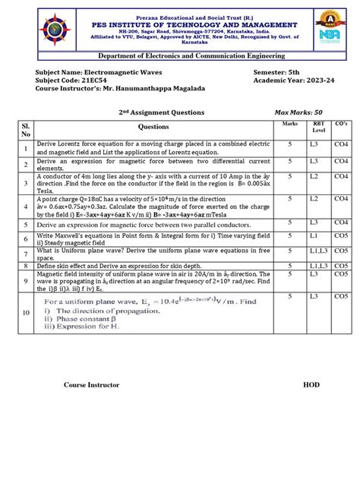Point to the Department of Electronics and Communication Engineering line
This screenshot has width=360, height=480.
(x=180, y=55)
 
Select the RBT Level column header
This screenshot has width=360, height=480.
(x=314, y=126)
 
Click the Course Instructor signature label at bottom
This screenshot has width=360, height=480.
(x=91, y=385)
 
